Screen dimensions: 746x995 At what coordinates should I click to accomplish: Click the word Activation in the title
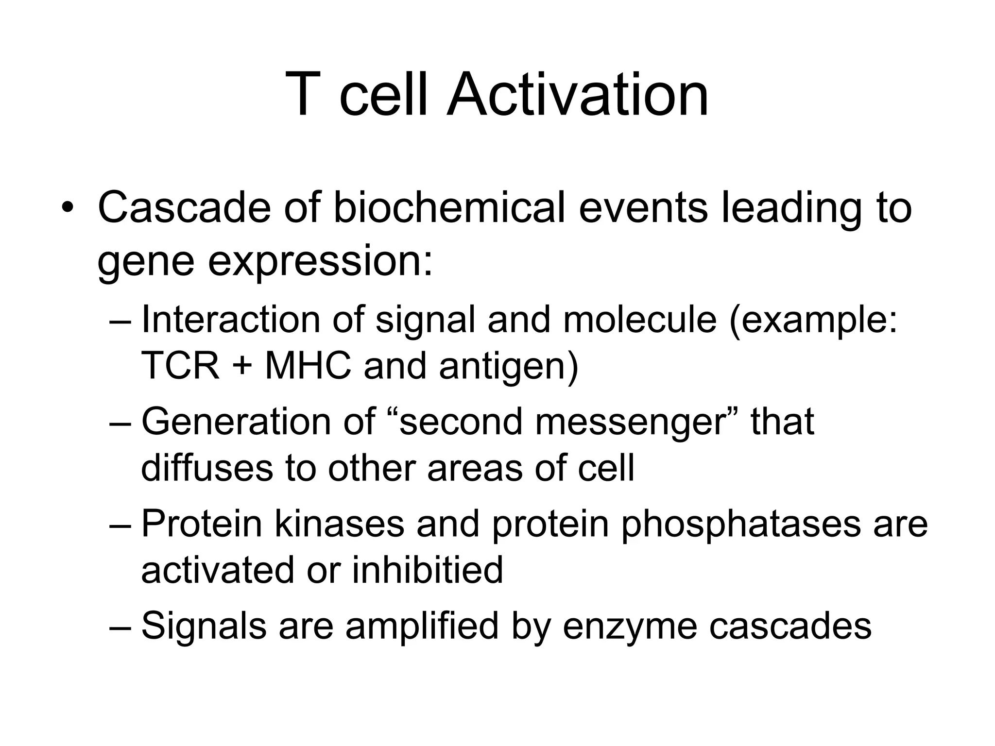[x=578, y=95]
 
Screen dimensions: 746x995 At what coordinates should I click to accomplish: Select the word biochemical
[x=449, y=208]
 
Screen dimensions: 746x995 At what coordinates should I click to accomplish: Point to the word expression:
[x=320, y=262]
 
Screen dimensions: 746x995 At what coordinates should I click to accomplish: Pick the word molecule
[x=640, y=321]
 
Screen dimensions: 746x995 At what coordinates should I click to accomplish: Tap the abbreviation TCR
[x=180, y=366]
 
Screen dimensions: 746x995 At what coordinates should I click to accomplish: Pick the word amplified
[x=422, y=627]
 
